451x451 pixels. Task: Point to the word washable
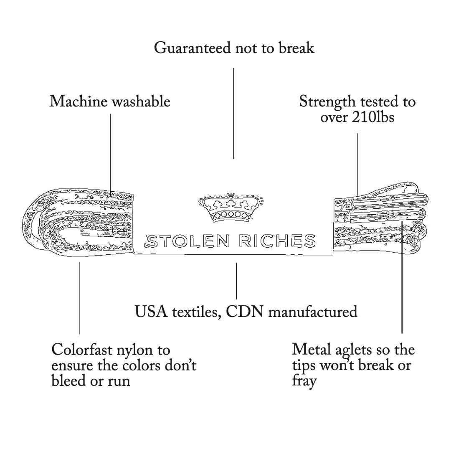[141, 101]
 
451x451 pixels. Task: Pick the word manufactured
[312, 312]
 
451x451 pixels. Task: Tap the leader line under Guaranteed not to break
[233, 113]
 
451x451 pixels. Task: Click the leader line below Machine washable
[110, 150]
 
